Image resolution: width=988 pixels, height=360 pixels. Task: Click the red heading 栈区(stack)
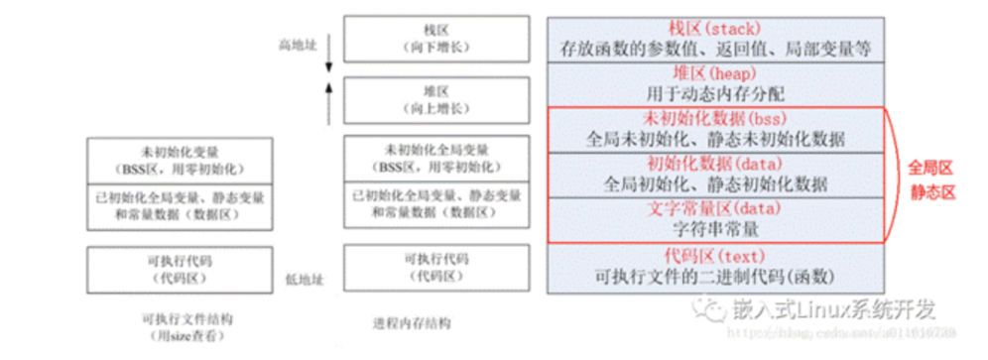click(x=715, y=27)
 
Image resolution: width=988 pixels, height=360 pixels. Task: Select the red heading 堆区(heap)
click(x=714, y=72)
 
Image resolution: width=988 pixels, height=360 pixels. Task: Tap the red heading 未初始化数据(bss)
click(x=714, y=118)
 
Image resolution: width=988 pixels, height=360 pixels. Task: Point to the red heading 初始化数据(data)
click(x=714, y=163)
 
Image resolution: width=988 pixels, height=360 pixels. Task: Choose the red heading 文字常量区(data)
click(x=714, y=208)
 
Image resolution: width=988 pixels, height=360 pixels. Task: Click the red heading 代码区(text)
click(x=714, y=254)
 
